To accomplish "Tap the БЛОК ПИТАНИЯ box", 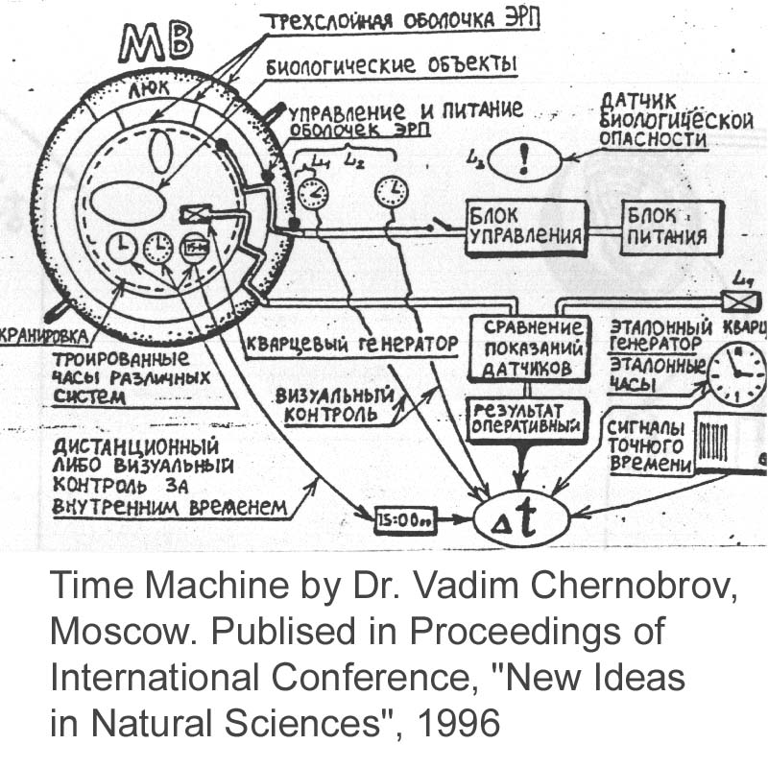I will (667, 227).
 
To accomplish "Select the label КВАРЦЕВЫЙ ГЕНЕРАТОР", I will (348, 344).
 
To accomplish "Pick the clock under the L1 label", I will (313, 193).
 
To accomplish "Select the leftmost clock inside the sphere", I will (122, 249).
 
